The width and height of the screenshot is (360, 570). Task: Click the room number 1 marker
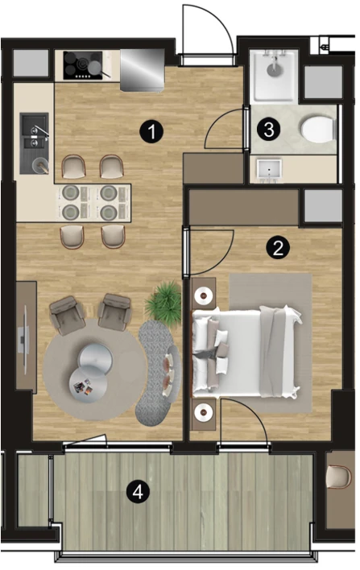(152, 131)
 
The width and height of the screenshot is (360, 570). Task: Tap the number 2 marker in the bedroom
(278, 248)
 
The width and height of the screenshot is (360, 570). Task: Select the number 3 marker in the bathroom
(268, 129)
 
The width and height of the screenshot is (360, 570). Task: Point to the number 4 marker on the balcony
(138, 493)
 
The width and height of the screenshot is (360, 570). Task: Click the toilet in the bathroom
(317, 129)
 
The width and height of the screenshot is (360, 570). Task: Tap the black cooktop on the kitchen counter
(83, 65)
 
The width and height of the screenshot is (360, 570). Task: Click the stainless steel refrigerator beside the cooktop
(143, 70)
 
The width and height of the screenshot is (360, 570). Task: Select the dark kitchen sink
(34, 142)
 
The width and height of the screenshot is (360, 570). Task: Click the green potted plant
(163, 301)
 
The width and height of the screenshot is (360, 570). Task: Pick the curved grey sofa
(157, 371)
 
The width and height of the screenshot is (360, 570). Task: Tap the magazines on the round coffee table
(82, 386)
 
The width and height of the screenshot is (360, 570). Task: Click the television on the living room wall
(23, 340)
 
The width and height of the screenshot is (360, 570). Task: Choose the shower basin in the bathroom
(274, 76)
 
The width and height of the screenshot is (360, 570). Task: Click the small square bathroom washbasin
(270, 169)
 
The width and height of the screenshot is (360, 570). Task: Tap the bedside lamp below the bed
(203, 412)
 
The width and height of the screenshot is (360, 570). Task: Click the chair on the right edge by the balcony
(339, 476)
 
